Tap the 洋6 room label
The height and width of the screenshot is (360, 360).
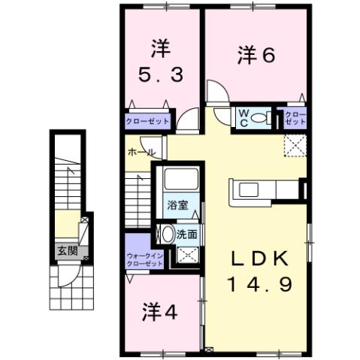[x=255, y=54]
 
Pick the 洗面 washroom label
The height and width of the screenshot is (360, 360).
[x=187, y=234]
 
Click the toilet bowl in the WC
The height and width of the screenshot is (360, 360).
[x=259, y=118]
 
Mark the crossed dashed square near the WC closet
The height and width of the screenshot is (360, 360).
[x=294, y=146]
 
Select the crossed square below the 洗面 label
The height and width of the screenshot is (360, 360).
[x=183, y=256]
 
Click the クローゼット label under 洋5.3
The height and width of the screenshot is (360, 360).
[x=147, y=120]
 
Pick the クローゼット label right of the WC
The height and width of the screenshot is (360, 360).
[x=295, y=118]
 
